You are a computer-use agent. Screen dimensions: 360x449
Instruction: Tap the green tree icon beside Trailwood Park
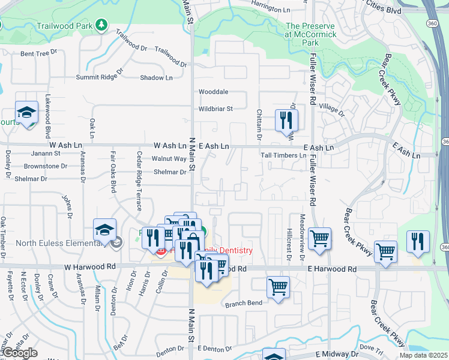click(x=102, y=25)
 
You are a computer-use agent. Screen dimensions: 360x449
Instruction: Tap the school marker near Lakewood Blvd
click(x=26, y=113)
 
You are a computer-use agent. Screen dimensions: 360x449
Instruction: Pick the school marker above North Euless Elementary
click(x=104, y=230)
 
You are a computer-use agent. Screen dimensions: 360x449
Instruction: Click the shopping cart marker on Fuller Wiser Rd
click(x=319, y=238)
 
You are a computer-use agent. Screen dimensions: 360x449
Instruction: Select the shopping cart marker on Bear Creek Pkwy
click(x=385, y=251)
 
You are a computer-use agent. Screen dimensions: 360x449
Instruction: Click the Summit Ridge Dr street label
click(x=99, y=77)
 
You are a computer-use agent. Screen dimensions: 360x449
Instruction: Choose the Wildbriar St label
click(x=215, y=109)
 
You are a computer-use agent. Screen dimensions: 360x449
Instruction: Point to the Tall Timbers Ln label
click(x=283, y=155)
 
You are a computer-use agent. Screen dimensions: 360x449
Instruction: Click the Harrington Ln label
click(x=271, y=8)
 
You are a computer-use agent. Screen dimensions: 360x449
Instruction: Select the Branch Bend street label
click(x=243, y=304)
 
